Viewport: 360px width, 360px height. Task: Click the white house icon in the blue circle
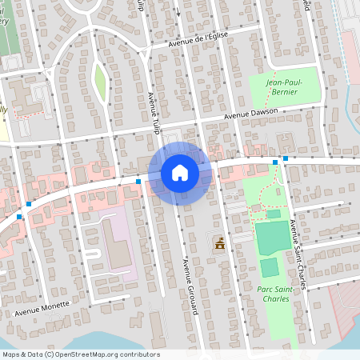(179, 173)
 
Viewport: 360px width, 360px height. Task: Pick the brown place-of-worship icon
(219, 244)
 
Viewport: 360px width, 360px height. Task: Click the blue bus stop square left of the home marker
(138, 182)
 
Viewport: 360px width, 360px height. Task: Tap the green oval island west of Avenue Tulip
(100, 80)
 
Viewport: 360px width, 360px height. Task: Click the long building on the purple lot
(117, 243)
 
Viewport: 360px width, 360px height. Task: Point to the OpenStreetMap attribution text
(80, 354)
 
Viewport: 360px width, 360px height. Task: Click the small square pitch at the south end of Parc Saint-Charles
(269, 267)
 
